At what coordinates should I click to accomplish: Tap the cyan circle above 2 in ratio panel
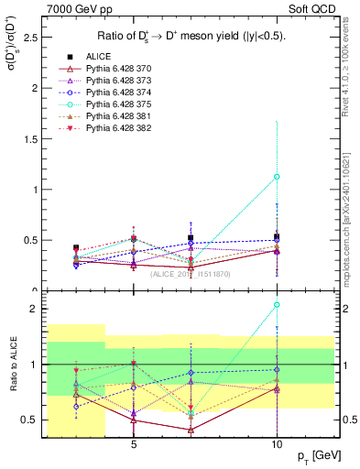(x=277, y=304)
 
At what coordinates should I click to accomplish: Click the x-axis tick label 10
(x=277, y=444)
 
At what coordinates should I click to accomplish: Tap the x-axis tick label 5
(x=134, y=444)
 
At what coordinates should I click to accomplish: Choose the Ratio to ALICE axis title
(x=11, y=362)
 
